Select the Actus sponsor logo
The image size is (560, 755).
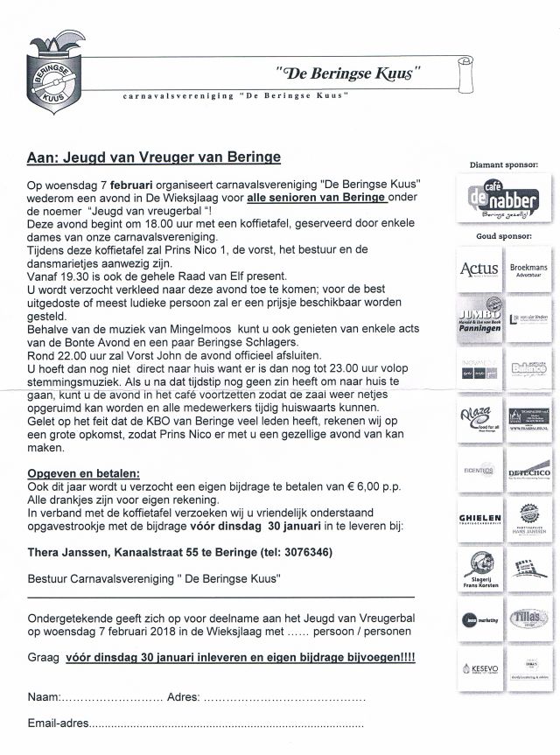tap(479, 269)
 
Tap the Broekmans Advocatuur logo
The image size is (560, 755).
tap(528, 269)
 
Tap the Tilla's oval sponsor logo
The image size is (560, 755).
tap(528, 619)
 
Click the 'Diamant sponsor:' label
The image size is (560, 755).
tap(503, 164)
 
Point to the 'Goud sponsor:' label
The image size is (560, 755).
tap(503, 236)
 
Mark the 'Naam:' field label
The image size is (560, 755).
tap(44, 697)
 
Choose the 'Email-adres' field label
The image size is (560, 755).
tap(59, 724)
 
